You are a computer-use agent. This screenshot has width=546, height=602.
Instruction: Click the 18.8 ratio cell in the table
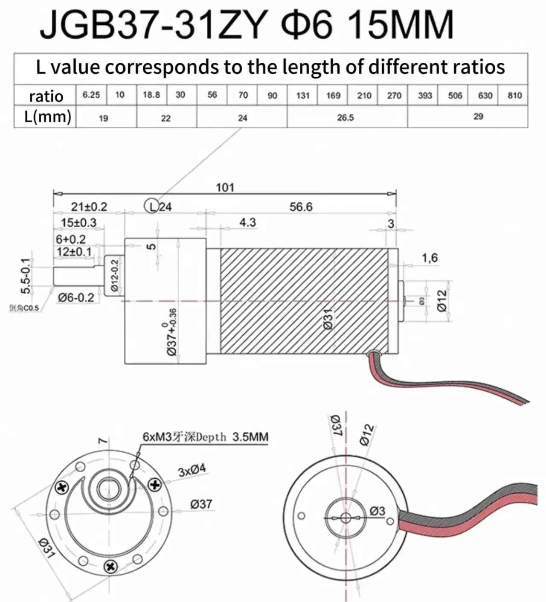[x=151, y=95]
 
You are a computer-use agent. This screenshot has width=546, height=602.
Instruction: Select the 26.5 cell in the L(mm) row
[x=346, y=117]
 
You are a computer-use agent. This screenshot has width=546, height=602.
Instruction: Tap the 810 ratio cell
[x=514, y=95]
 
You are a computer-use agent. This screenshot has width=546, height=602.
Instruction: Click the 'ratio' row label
[x=46, y=96]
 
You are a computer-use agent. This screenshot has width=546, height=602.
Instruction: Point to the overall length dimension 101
[x=225, y=187]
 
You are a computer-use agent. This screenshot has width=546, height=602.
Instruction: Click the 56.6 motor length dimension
[x=301, y=207]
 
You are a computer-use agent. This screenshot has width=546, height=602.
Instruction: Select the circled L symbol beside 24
[x=152, y=207]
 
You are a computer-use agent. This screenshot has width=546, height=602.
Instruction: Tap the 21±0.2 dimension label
[x=89, y=207]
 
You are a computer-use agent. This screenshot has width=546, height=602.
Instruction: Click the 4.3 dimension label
[x=247, y=222]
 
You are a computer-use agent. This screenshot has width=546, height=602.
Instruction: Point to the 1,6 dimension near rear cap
[x=430, y=258]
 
